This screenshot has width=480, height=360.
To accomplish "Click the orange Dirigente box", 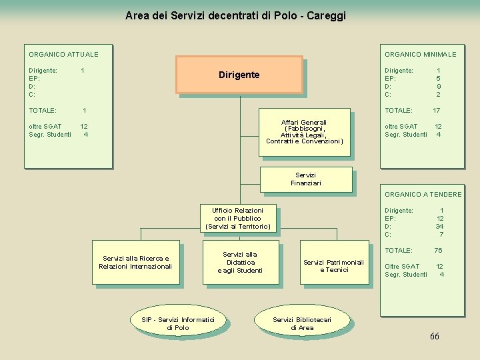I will click(239, 75).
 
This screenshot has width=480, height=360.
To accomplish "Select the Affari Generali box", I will click(304, 132).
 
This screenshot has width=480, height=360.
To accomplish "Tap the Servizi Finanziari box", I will click(305, 179).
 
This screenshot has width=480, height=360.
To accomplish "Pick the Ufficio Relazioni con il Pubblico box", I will click(238, 219).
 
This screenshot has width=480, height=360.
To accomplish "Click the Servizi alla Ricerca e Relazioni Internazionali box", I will click(135, 263).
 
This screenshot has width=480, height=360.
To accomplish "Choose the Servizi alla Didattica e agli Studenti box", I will click(240, 262).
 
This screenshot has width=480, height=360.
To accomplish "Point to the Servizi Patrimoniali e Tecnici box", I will click(334, 266).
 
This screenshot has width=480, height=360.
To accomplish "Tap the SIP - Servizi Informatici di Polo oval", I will click(178, 323).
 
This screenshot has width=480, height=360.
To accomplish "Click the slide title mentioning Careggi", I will click(235, 15).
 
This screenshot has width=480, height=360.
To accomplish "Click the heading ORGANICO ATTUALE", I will click(63, 54).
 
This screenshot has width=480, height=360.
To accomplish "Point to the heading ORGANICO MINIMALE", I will click(420, 54).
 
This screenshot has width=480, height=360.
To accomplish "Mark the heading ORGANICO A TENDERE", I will click(423, 195).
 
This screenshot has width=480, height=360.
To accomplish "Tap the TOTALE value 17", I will click(437, 111).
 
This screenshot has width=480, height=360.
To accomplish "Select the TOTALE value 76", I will click(438, 251).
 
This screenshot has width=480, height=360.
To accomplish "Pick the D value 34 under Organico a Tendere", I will click(439, 227).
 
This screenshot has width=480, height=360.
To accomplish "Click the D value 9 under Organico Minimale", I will click(439, 87).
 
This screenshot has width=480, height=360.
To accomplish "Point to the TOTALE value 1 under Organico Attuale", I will click(85, 111).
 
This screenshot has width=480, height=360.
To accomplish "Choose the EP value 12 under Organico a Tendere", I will click(440, 219).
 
